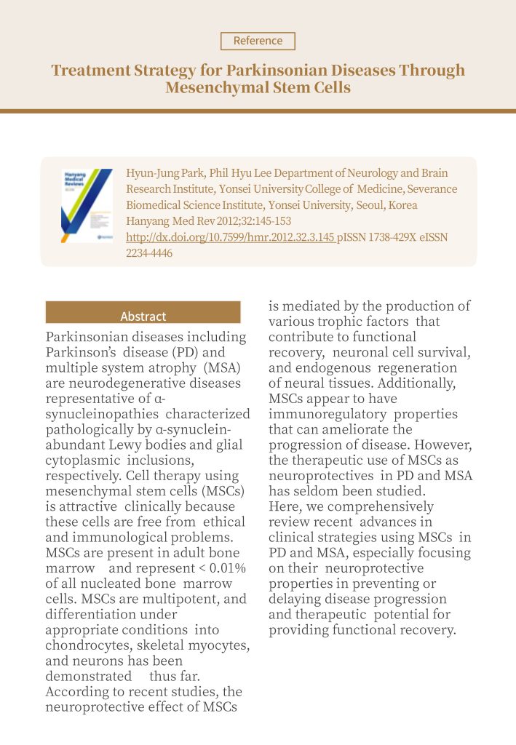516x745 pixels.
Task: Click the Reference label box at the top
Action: coord(258,41)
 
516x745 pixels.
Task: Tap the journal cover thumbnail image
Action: coord(87,206)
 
